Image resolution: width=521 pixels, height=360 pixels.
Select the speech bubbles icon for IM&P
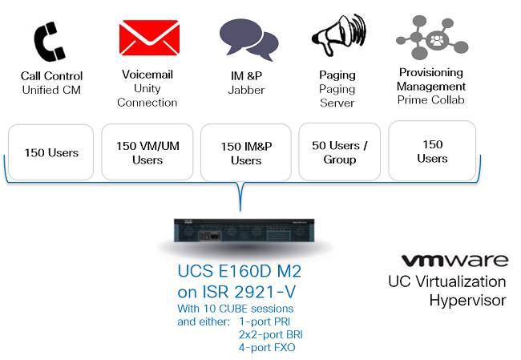coord(248,38)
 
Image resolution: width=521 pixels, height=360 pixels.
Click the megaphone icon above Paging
coord(336,37)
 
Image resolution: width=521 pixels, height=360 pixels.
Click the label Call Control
coord(51,76)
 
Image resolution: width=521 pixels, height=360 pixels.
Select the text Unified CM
coord(51,90)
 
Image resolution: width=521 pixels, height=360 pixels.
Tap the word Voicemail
coord(147,75)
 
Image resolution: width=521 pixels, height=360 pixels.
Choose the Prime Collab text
coord(430,100)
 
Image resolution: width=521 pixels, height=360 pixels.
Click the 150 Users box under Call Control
coord(51,152)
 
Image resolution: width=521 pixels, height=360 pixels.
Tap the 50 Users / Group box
coord(339,152)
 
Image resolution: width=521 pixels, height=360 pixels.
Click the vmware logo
coord(454,261)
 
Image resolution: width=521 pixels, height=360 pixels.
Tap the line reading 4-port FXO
coord(265,346)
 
